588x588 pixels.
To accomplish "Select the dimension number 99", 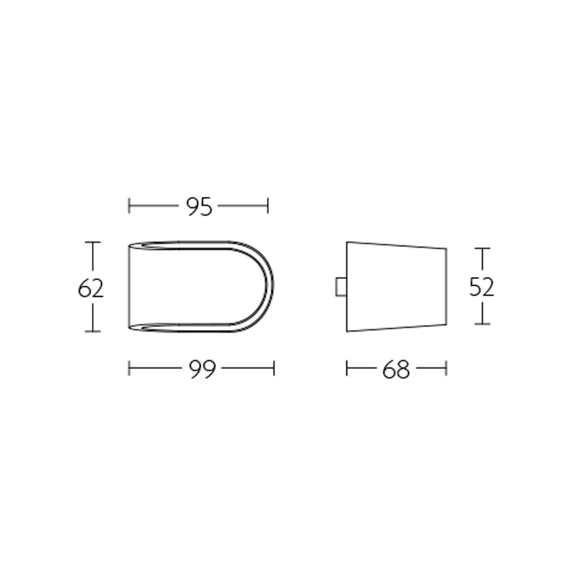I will (201, 370).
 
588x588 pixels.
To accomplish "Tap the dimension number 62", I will (90, 288).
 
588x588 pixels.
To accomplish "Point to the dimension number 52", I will (481, 287).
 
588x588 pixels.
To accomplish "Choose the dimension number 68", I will (395, 370).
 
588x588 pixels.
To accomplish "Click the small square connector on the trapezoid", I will (340, 287).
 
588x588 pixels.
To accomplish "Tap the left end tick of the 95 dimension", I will (129, 206).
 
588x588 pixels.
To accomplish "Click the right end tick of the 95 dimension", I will (268, 206).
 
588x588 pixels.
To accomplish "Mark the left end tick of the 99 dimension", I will (129, 367).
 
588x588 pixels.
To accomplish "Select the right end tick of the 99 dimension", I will (273, 367).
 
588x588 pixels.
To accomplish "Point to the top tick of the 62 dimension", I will (92, 243).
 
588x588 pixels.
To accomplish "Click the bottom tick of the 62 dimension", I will (92, 331).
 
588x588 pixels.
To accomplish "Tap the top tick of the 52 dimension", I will (481, 249).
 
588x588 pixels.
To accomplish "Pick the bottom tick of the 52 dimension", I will (481, 324).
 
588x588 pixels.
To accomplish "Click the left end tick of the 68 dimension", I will (346, 367).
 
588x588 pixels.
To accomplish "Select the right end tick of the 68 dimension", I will (446, 367).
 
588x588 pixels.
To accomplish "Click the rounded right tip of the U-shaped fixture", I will (273, 287).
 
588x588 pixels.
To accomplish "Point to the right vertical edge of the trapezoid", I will (445, 287).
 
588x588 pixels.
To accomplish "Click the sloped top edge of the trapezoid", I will (397, 245).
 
